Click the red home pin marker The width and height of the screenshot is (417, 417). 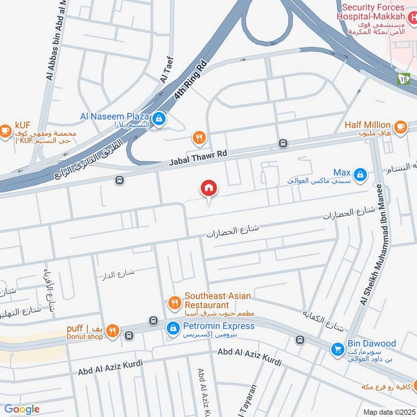pyautogui.click(x=209, y=189)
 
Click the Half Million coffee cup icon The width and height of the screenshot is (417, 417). pyautogui.click(x=400, y=126)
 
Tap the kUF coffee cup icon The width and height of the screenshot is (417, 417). pyautogui.click(x=6, y=130)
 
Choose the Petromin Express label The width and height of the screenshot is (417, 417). pyautogui.click(x=219, y=326)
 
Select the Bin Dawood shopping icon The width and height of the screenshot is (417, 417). pyautogui.click(x=338, y=347)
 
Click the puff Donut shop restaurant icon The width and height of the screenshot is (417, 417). pyautogui.click(x=112, y=330)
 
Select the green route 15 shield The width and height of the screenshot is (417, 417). pyautogui.click(x=403, y=79)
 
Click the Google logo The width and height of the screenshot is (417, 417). pyautogui.click(x=22, y=409)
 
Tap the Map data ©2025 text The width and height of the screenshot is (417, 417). pyautogui.click(x=388, y=412)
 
